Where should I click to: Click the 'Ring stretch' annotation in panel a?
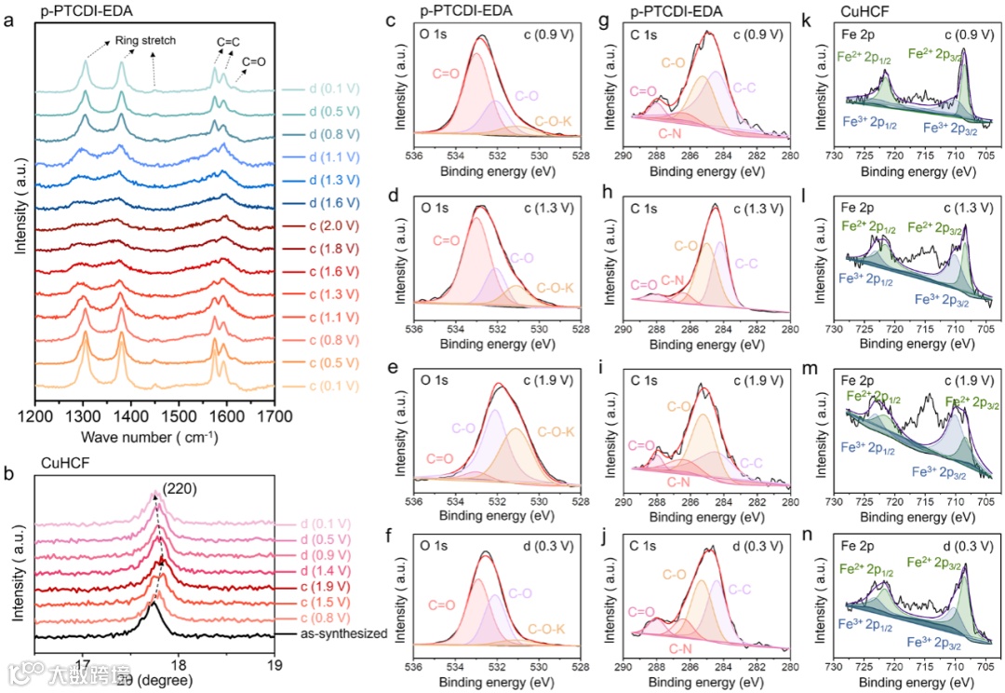145,41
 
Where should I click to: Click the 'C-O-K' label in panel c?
556,122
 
